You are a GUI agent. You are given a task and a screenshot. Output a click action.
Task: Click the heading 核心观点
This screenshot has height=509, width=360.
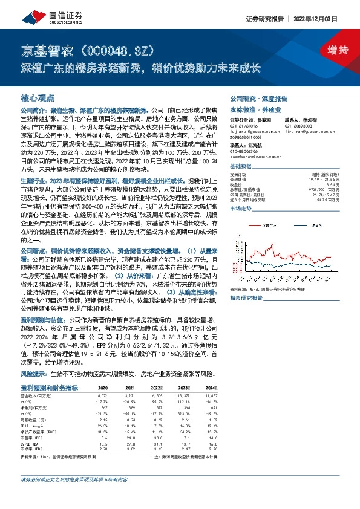(38, 97)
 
